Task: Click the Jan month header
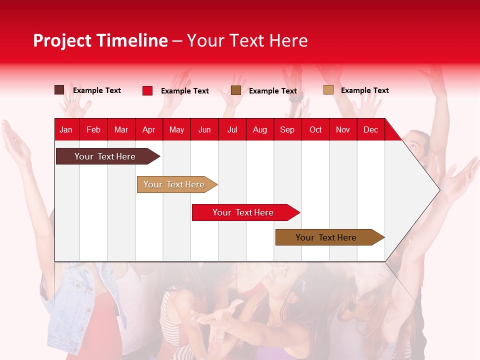tap(66, 129)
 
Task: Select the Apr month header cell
tap(149, 129)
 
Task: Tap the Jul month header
tap(232, 129)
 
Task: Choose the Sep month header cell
tap(287, 129)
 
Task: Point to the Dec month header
tap(370, 129)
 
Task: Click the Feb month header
tap(93, 129)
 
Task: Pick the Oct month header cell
tap(315, 129)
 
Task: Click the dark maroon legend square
tap(59, 90)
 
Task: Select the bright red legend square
tap(147, 90)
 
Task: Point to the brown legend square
tap(236, 90)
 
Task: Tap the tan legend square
tap(328, 90)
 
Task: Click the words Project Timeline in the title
tap(100, 40)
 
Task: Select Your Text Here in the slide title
tap(247, 40)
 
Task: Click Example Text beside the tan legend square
tap(364, 90)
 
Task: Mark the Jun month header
tap(204, 129)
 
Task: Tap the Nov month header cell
tap(343, 129)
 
